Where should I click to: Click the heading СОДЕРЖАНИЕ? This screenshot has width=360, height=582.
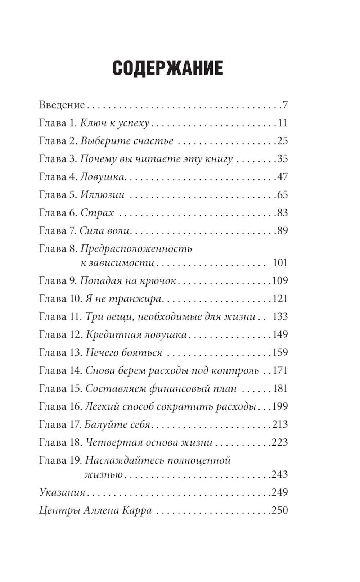click(x=168, y=68)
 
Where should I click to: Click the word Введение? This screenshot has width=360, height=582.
click(x=62, y=105)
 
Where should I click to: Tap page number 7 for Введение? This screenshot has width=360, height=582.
click(x=285, y=105)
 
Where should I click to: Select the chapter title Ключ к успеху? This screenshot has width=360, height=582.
click(x=114, y=123)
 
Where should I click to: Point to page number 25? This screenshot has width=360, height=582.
click(x=282, y=141)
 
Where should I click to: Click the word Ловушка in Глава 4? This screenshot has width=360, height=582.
click(x=102, y=177)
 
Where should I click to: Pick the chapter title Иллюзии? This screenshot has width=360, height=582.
click(x=102, y=195)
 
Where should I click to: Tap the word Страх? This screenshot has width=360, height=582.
click(x=97, y=213)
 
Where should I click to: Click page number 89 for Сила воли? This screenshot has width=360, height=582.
click(x=282, y=231)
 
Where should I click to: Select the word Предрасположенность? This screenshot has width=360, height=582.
click(x=136, y=249)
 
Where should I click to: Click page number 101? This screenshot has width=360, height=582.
click(x=280, y=263)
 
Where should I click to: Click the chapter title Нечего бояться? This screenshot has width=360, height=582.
click(x=124, y=353)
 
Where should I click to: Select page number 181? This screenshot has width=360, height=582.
click(x=280, y=389)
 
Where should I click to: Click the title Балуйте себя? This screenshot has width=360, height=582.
click(x=117, y=425)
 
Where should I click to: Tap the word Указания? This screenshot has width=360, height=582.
click(x=62, y=492)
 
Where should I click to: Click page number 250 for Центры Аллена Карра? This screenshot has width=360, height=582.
click(x=280, y=510)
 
